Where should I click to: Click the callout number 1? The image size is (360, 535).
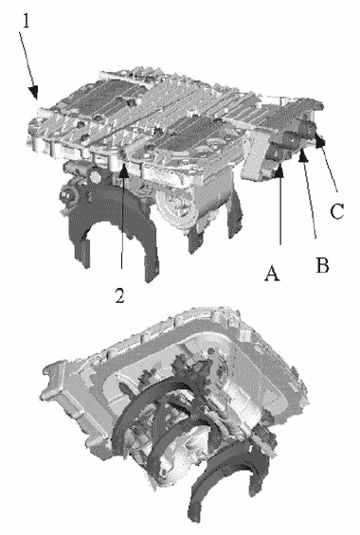[x=27, y=20]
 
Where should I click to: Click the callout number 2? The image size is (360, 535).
[x=119, y=295]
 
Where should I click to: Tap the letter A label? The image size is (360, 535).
[x=272, y=273]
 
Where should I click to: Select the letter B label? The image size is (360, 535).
[x=322, y=264]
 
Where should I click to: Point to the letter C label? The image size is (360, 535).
[x=337, y=210]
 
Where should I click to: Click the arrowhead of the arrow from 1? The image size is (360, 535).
[x=34, y=92]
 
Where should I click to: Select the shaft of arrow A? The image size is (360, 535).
[x=279, y=211]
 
